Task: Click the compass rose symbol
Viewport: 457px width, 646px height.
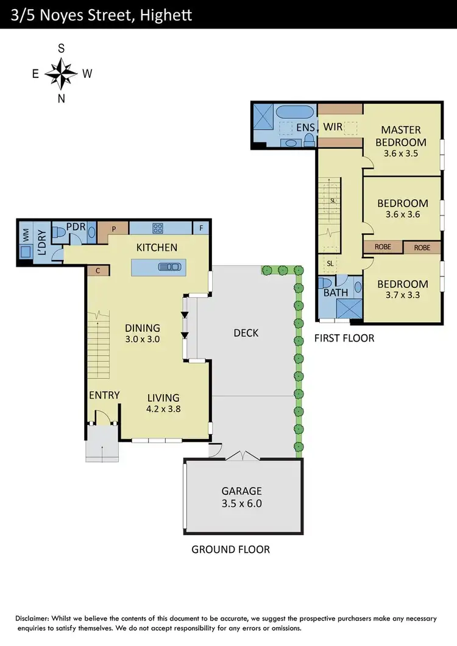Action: click(x=61, y=73)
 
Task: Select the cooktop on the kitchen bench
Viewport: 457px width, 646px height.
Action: click(x=158, y=229)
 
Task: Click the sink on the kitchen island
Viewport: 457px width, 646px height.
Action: click(x=170, y=266)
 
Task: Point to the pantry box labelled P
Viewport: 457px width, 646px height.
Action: click(x=113, y=229)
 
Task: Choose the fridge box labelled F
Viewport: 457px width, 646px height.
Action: click(x=201, y=228)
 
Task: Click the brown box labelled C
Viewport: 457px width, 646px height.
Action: click(x=97, y=270)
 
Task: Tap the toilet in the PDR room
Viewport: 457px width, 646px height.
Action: click(x=60, y=232)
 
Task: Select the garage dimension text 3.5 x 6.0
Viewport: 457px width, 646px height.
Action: click(x=242, y=504)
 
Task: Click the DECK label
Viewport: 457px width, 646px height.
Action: click(x=246, y=332)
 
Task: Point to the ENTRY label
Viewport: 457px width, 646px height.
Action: click(x=104, y=395)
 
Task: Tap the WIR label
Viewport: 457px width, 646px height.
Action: click(x=332, y=127)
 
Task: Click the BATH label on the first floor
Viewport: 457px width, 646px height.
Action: click(x=336, y=292)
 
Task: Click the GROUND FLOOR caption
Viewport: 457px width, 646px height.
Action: click(x=230, y=549)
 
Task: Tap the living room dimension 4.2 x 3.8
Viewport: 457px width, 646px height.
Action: click(x=163, y=409)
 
